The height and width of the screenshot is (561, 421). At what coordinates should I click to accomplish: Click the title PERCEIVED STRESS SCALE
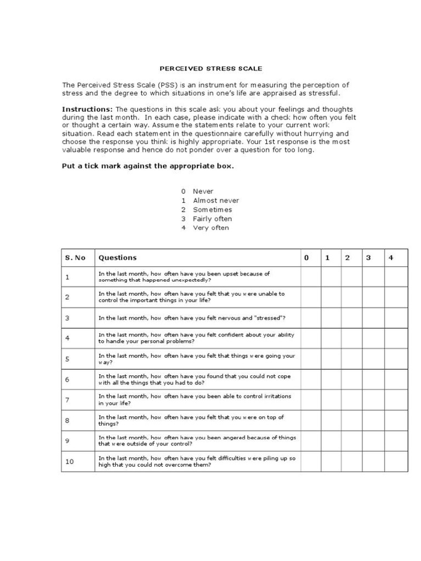click(x=210, y=69)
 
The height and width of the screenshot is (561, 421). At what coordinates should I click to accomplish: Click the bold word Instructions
click(x=87, y=109)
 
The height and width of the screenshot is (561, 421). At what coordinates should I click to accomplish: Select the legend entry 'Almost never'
click(x=215, y=201)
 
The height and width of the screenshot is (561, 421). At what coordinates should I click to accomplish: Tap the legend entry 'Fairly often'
click(x=212, y=219)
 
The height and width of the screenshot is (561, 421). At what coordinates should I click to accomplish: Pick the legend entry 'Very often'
click(x=210, y=228)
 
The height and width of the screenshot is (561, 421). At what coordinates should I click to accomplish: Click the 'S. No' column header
click(x=75, y=257)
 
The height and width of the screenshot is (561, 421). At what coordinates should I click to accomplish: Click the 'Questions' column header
click(x=117, y=257)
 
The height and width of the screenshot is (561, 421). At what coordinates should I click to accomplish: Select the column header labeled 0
click(x=306, y=257)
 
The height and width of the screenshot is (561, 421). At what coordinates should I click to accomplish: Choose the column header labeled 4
click(x=391, y=257)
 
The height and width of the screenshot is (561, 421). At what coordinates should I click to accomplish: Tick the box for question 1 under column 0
click(x=310, y=277)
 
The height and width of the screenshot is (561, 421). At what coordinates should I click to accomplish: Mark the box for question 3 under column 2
click(x=351, y=318)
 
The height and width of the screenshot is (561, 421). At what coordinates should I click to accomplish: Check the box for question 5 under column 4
click(x=396, y=359)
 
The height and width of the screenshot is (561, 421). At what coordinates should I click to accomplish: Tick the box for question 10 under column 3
click(x=373, y=462)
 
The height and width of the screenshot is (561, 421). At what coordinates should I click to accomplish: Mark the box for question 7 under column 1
click(x=331, y=400)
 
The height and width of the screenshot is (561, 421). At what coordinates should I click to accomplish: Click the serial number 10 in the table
click(x=70, y=462)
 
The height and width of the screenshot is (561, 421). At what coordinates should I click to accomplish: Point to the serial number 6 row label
click(x=67, y=380)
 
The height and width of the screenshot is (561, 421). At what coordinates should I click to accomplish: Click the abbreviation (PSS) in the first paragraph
click(x=165, y=85)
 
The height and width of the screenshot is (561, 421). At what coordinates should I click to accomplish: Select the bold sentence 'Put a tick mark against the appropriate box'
click(x=147, y=167)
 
